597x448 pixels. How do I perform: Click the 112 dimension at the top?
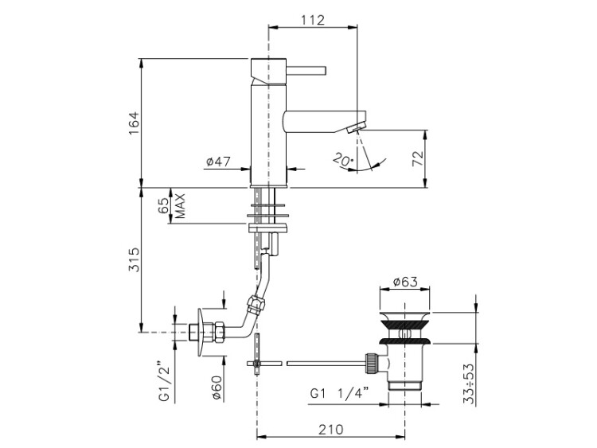click(313, 20)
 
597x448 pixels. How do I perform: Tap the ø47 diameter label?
click(217, 162)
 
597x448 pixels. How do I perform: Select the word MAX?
click(181, 205)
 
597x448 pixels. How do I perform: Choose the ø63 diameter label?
click(407, 281)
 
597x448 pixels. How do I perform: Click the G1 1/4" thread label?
click(338, 392)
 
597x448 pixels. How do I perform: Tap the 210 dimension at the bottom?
click(330, 430)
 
